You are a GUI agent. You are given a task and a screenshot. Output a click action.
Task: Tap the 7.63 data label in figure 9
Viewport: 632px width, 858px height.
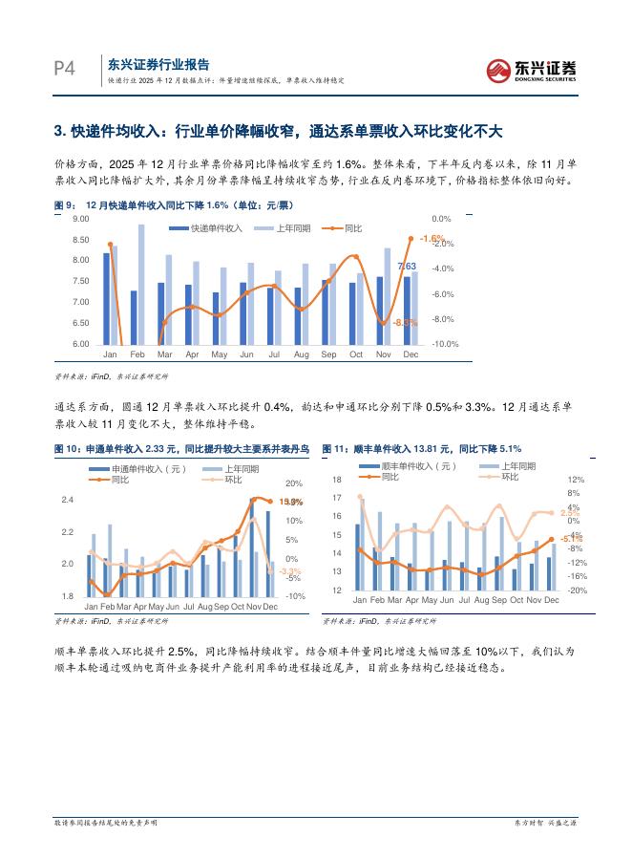[x=406, y=266]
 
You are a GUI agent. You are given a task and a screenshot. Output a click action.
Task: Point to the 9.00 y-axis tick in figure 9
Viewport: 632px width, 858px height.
[x=80, y=219]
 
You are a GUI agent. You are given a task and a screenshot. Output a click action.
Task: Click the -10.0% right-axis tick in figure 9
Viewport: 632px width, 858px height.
[x=446, y=344]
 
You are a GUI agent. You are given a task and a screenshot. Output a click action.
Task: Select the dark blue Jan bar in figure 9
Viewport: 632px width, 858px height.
[x=106, y=298]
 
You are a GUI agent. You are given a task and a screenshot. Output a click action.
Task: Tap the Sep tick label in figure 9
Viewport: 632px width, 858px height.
[x=328, y=354]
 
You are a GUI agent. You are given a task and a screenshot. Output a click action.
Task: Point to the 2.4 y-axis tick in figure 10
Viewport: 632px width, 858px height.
[x=67, y=500]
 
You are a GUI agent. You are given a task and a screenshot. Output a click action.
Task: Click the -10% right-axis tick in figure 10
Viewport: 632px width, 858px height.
[x=293, y=596]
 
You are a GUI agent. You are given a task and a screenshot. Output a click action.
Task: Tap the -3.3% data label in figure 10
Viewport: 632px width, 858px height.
[x=289, y=571]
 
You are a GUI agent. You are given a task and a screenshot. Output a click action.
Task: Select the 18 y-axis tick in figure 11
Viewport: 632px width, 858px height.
[x=336, y=480]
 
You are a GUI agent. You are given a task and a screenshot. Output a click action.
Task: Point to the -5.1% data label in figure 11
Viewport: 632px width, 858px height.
[x=571, y=539]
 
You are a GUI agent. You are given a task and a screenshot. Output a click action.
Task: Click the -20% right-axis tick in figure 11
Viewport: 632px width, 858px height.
[x=577, y=590]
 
